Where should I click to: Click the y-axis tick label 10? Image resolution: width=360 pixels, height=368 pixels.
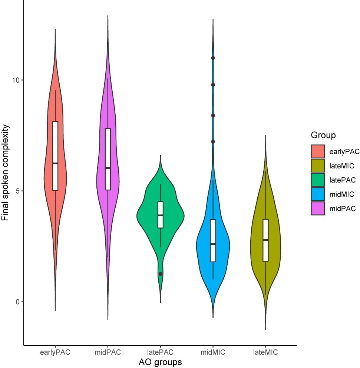[15, 80]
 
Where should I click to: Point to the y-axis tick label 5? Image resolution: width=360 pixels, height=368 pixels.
[17, 191]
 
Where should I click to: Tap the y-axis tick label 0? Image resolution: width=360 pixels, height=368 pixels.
[17, 302]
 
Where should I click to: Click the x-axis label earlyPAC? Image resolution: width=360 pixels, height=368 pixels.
[55, 352]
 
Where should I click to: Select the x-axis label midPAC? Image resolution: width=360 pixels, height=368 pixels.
[108, 352]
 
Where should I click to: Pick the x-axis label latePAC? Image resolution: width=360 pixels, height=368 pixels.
[160, 352]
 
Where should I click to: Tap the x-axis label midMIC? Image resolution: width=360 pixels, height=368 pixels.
[213, 352]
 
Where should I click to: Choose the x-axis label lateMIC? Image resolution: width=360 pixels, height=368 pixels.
[265, 352]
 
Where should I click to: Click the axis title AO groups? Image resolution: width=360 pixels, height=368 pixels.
[160, 362]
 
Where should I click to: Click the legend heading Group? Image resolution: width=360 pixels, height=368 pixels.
[323, 135]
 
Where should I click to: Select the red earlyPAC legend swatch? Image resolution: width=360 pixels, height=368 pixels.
[318, 151]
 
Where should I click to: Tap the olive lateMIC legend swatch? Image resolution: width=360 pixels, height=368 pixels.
[318, 165]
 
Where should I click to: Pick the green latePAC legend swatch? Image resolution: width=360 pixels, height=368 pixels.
[318, 180]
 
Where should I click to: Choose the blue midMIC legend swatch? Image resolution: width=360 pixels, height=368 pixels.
[318, 194]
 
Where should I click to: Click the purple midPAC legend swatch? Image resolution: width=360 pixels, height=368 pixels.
[318, 208]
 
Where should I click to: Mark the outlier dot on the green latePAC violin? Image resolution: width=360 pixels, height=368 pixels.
[160, 274]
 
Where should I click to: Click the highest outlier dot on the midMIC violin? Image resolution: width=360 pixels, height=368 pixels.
[213, 58]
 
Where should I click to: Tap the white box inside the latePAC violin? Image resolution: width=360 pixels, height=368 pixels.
[160, 214]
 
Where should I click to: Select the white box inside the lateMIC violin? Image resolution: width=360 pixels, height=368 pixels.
[265, 240]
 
